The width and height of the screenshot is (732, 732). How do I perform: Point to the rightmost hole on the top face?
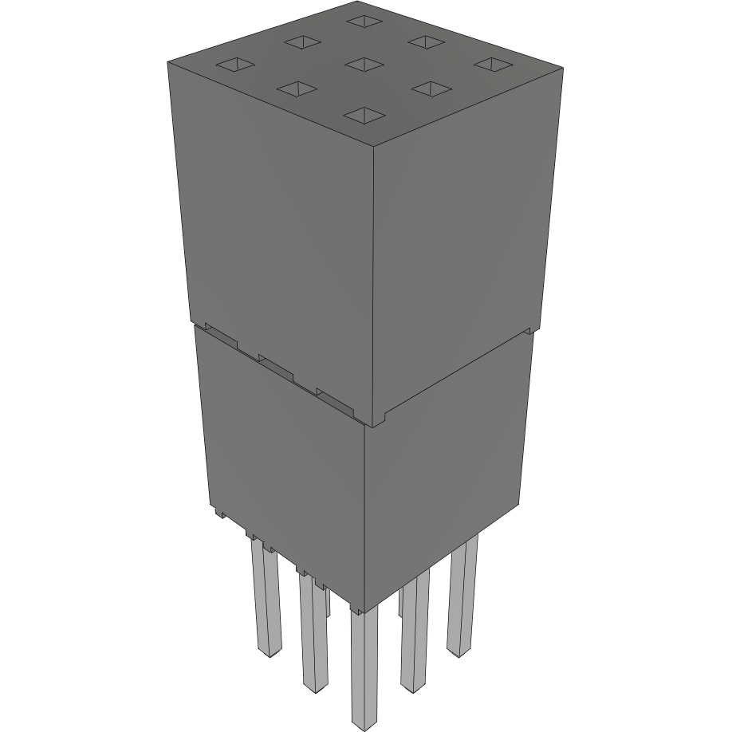(x=491, y=64)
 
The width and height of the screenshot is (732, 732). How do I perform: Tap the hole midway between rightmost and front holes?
(x=428, y=89)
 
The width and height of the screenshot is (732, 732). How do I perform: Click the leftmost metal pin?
(x=266, y=598)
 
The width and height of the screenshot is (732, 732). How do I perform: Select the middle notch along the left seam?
(x=276, y=365)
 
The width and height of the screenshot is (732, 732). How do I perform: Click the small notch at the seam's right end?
(x=527, y=329)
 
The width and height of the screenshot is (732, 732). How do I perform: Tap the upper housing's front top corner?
(x=375, y=149)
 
